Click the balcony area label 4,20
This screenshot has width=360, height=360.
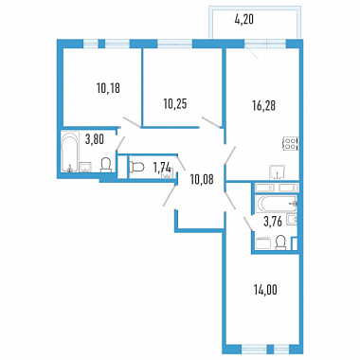[244, 20]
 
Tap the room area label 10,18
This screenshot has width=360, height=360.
[108, 88]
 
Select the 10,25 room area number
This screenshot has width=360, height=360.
[175, 103]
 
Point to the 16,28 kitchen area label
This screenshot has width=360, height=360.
[263, 106]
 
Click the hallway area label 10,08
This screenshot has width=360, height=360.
[202, 179]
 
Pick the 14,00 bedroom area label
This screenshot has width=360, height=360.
[265, 289]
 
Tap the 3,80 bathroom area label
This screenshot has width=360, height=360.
[95, 138]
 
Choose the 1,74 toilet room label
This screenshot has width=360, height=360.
[162, 168]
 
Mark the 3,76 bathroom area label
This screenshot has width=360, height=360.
[273, 222]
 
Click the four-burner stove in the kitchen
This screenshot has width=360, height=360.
[291, 143]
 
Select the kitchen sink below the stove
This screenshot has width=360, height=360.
[277, 172]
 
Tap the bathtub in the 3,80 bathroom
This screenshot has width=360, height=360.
[70, 153]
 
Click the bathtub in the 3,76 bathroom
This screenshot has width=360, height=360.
[277, 203]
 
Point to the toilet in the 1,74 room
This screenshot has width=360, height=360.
[136, 166]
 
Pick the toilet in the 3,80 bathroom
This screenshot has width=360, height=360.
[106, 165]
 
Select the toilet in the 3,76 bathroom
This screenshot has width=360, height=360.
[280, 243]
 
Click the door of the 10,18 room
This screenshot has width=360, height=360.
[132, 122]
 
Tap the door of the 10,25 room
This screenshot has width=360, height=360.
[211, 122]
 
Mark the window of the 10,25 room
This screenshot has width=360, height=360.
[175, 44]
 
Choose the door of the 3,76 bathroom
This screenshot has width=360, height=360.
[247, 223]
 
